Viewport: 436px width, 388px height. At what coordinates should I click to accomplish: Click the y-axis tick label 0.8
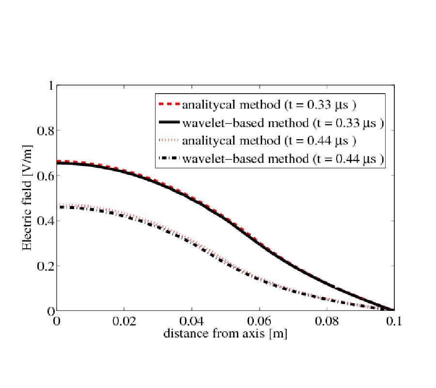(44, 130)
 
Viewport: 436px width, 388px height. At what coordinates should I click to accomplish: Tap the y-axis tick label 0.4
(44, 221)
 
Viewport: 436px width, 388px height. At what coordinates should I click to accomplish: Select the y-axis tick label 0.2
(44, 266)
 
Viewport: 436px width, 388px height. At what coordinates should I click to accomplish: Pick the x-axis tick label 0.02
(124, 322)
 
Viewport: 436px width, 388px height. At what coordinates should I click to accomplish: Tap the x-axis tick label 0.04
(192, 322)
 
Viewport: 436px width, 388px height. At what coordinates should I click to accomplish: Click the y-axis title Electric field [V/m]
(28, 198)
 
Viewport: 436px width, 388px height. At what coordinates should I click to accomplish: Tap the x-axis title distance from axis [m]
(225, 334)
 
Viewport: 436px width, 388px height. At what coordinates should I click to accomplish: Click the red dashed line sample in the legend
(169, 104)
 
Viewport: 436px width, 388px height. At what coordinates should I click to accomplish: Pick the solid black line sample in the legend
(169, 122)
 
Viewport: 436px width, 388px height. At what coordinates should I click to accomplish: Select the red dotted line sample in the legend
(169, 141)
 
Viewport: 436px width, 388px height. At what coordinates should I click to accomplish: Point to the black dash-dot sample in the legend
(169, 159)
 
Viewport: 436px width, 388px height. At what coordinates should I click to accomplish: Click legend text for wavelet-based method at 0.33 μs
(283, 122)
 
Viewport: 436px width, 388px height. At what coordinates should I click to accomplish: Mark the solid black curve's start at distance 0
(58, 163)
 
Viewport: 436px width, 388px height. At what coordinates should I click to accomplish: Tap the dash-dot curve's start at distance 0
(58, 207)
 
